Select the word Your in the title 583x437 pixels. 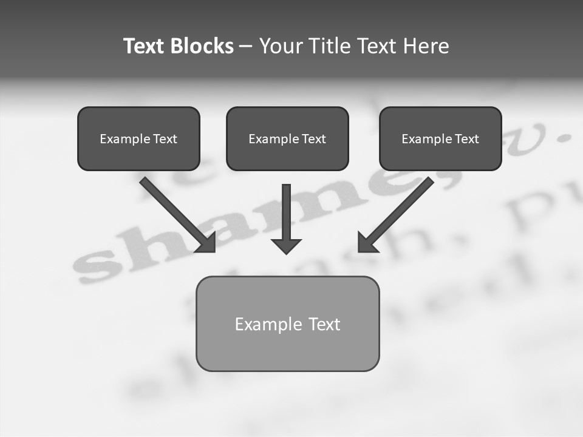[282, 46]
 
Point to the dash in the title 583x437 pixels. [246, 47]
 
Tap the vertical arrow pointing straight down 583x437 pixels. [286, 212]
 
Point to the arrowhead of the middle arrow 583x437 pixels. [286, 245]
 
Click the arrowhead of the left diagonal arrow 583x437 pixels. [206, 243]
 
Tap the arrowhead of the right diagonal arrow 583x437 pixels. [367, 243]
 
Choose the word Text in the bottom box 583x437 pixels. [324, 324]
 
